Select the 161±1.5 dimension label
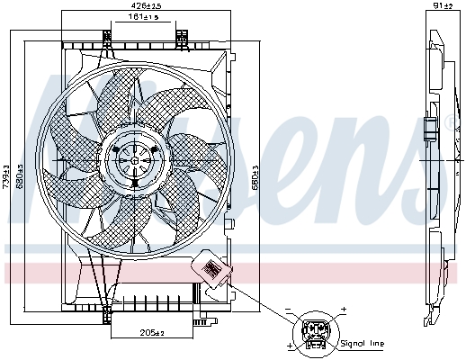point(142,17)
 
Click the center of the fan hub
point(134,160)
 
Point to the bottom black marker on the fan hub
point(134,183)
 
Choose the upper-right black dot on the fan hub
point(154,148)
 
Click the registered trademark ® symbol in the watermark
point(449,122)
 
